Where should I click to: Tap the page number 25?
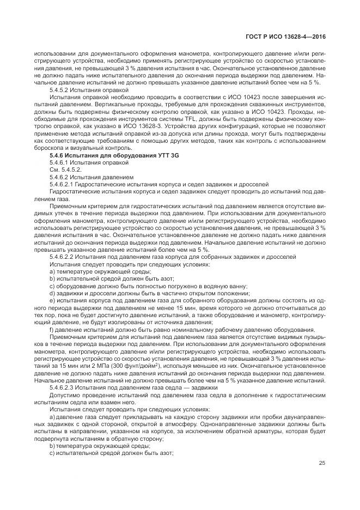tap(322, 463)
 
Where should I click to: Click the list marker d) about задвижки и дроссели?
tap(52, 292)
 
